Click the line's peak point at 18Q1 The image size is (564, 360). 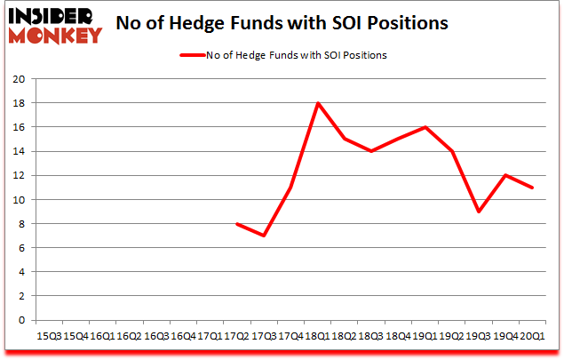[x=317, y=103]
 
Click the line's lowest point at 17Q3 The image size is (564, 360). [x=264, y=236]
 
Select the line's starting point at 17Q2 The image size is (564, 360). [x=236, y=224]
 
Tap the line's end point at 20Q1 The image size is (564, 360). [x=532, y=188]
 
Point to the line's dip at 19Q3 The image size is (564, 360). [x=479, y=212]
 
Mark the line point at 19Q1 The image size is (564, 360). [x=425, y=127]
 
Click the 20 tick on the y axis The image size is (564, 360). [x=23, y=78]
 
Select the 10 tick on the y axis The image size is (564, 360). [x=23, y=199]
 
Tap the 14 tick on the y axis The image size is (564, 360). [x=23, y=151]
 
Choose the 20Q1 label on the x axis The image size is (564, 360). [x=532, y=337]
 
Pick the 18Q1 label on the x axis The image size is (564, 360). [x=317, y=337]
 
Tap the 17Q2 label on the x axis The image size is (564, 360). [x=236, y=337]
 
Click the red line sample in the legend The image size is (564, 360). [x=193, y=55]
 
